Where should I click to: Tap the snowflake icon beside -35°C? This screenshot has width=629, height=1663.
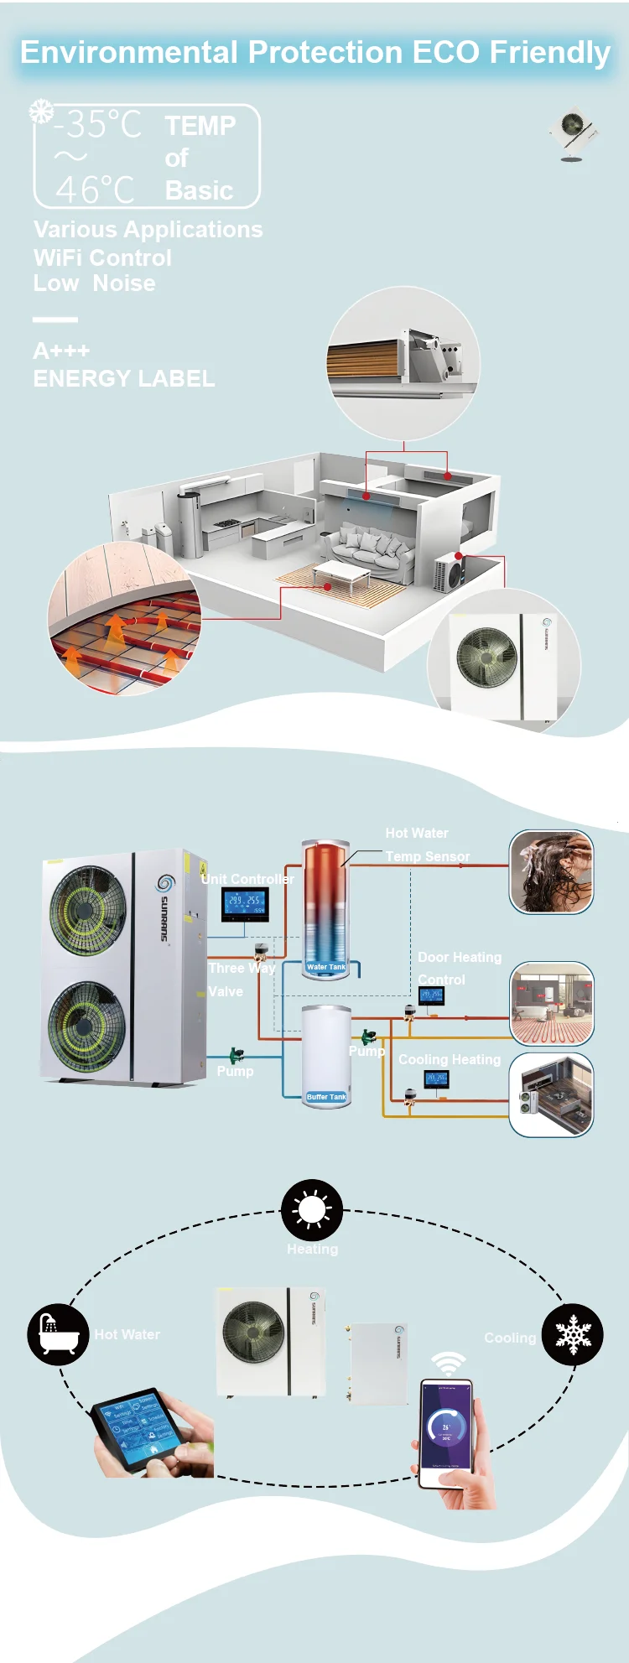click(40, 112)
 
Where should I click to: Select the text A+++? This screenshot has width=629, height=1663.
click(61, 351)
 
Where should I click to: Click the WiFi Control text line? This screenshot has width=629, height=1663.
click(102, 257)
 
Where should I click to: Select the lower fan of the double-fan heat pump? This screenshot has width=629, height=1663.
click(86, 1025)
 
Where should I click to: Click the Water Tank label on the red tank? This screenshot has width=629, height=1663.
click(326, 967)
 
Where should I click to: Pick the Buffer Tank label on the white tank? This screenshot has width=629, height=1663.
click(326, 1097)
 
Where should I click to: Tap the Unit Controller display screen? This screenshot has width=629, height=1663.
click(245, 902)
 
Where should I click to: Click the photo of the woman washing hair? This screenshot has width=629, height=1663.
click(551, 871)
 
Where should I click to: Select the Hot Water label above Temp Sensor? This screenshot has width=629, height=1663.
click(417, 833)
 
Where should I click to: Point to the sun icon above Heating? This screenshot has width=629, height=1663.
click(312, 1209)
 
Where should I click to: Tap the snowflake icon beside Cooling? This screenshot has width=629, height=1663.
click(573, 1334)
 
